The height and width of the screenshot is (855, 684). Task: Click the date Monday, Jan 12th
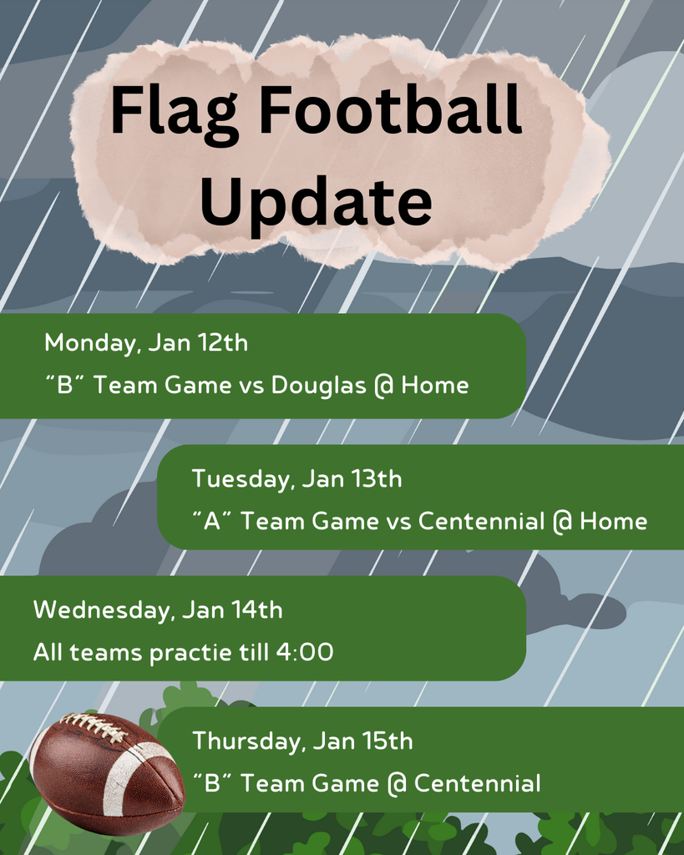click(146, 342)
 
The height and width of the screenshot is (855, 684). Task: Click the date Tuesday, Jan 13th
click(296, 479)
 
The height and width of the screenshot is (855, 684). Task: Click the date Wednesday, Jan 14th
click(158, 610)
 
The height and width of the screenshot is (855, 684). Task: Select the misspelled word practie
click(191, 653)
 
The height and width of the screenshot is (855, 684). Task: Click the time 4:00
click(304, 653)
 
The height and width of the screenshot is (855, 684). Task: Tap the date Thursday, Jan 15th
click(302, 741)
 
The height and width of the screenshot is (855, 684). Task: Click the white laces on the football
click(94, 727)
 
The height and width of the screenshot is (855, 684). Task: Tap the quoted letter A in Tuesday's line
click(211, 522)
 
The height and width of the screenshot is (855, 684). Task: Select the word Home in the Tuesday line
click(614, 522)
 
